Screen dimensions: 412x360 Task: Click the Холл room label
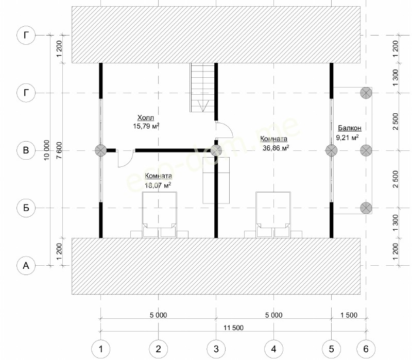tap(146, 117)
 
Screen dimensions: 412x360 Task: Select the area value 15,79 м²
tap(146, 126)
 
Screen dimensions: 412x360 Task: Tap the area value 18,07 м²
tap(158, 185)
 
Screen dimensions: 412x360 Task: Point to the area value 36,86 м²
tap(276, 148)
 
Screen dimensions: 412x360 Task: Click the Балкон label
tap(350, 128)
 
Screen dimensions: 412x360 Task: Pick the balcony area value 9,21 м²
tap(347, 137)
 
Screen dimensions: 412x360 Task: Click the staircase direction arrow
tap(203, 106)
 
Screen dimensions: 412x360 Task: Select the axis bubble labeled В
tap(26, 150)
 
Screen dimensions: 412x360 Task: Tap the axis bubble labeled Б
tap(26, 208)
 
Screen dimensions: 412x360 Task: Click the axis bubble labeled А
tap(26, 266)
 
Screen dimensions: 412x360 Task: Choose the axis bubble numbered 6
tap(366, 349)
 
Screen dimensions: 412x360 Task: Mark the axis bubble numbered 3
tap(216, 349)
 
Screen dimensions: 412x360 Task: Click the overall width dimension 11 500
tap(233, 328)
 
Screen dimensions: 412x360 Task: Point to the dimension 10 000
tap(46, 150)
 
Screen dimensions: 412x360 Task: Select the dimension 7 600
tap(59, 150)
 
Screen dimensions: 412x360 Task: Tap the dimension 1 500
tap(349, 315)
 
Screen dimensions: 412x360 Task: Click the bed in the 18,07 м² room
tap(160, 215)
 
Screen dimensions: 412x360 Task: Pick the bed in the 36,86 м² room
tap(273, 215)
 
